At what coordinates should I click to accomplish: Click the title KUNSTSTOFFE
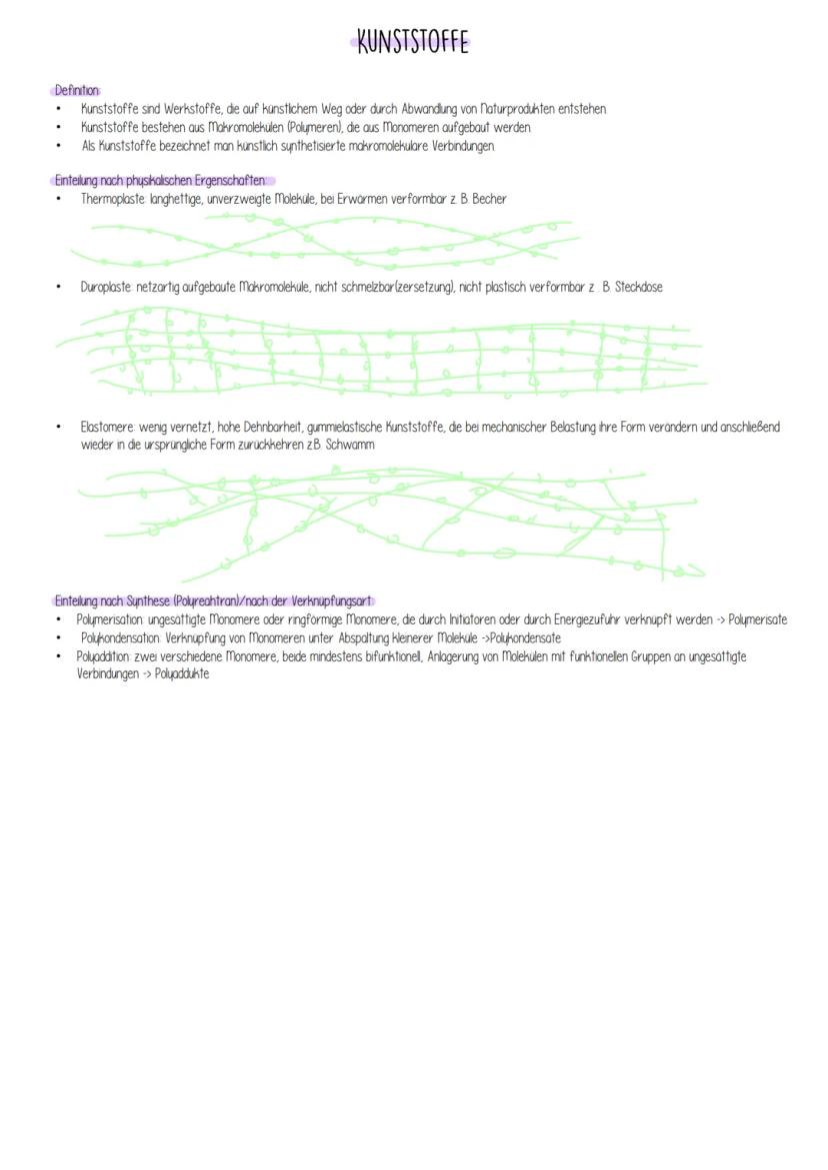tap(411, 42)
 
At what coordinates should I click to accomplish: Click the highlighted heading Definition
tap(76, 90)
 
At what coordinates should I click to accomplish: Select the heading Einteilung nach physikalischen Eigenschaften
tap(161, 181)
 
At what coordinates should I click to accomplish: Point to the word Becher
tap(489, 199)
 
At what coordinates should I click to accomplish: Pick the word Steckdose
tap(638, 287)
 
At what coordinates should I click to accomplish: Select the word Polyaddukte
tap(182, 673)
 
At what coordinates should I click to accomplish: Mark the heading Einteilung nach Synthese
tap(212, 601)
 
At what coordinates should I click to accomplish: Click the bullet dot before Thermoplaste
tap(59, 199)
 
